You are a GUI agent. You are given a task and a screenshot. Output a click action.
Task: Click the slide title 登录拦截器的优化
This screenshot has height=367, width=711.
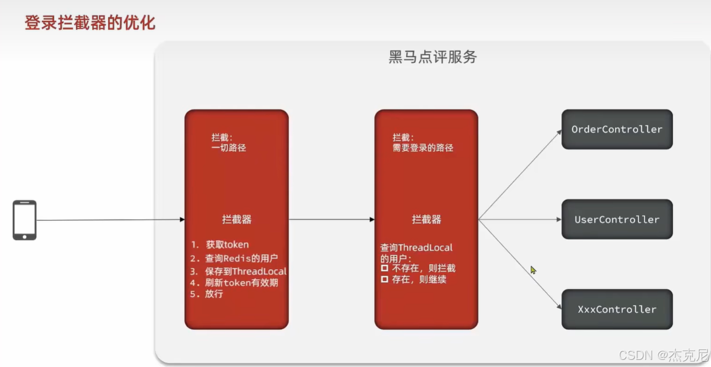pyautogui.click(x=90, y=23)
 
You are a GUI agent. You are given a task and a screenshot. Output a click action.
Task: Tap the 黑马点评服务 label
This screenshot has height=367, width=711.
pyautogui.click(x=432, y=57)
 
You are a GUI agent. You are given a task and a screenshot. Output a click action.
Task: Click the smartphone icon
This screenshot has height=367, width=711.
pyautogui.click(x=25, y=220)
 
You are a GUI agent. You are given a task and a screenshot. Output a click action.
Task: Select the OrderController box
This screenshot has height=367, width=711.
pyautogui.click(x=616, y=130)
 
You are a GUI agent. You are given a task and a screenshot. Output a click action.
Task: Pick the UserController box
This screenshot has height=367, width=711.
pyautogui.click(x=616, y=219)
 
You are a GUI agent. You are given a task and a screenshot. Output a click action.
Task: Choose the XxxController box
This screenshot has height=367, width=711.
pyautogui.click(x=616, y=309)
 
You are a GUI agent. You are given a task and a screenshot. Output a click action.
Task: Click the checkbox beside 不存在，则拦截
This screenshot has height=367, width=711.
pyautogui.click(x=385, y=268)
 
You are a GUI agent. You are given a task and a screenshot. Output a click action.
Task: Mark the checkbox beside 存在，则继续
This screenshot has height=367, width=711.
pyautogui.click(x=385, y=279)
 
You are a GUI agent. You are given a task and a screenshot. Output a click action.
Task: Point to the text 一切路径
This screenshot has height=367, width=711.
pyautogui.click(x=229, y=148)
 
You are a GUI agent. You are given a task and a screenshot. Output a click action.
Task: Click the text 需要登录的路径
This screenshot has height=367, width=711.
pyautogui.click(x=423, y=148)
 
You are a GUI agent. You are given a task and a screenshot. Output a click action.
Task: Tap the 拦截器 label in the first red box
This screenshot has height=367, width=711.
pyautogui.click(x=237, y=219)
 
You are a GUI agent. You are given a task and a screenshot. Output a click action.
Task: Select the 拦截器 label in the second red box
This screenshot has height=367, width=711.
pyautogui.click(x=426, y=219)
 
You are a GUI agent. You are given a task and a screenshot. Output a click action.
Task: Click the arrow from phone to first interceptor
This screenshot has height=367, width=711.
pyautogui.click(x=110, y=220)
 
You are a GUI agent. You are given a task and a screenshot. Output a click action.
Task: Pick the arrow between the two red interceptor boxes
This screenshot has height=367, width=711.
pyautogui.click(x=331, y=220)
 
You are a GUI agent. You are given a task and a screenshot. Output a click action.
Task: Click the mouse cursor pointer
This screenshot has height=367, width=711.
pyautogui.click(x=533, y=270)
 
